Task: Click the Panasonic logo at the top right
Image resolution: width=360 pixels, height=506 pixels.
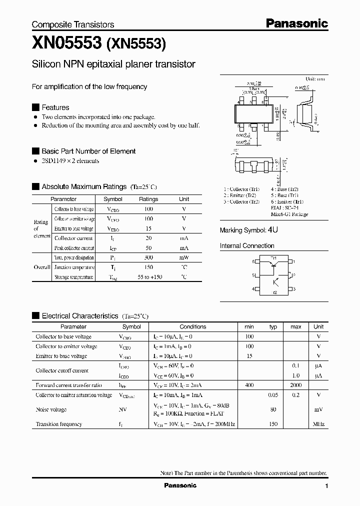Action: [296, 23]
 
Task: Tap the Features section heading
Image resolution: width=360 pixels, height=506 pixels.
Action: [55, 107]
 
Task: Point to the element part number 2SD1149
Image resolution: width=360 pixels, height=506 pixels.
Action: [56, 161]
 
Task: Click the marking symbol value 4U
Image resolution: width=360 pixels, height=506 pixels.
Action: [272, 230]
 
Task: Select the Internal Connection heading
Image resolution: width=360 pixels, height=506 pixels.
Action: [247, 246]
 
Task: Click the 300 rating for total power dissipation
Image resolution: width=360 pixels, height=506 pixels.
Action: [148, 257]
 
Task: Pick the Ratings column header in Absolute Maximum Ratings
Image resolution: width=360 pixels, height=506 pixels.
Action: [148, 199]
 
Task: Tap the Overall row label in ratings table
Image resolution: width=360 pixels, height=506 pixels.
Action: [42, 267]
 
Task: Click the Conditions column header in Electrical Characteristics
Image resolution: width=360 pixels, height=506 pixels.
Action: [192, 326]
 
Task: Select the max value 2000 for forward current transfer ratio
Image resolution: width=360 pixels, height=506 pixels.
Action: [295, 385]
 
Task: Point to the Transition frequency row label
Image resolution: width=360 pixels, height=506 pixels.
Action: [58, 424]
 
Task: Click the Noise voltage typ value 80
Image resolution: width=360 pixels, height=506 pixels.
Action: [273, 410]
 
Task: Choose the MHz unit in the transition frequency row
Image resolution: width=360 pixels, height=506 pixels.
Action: [318, 424]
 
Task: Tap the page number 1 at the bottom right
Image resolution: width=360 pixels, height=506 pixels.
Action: [326, 486]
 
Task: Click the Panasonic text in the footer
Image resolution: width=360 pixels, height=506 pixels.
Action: [180, 485]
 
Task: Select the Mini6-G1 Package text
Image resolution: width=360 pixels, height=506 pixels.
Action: [289, 214]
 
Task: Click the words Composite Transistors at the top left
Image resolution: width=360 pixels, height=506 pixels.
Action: [73, 24]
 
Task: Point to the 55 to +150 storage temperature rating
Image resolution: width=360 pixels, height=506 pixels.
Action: [148, 277]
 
